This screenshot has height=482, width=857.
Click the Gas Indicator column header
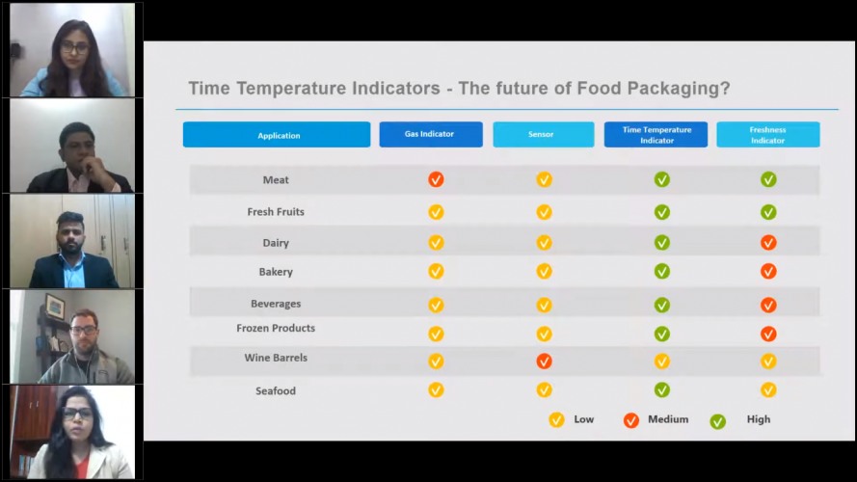[430, 134]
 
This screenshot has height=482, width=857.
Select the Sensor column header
[543, 134]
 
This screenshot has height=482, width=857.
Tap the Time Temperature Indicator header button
[656, 134]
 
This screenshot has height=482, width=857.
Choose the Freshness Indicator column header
[767, 134]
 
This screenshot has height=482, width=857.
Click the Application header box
[277, 135]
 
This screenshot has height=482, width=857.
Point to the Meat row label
[276, 180]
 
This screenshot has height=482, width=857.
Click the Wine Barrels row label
[276, 358]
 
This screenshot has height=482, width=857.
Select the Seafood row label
[276, 390]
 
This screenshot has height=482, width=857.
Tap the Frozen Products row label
[276, 328]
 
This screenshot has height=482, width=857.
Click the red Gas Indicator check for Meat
[436, 179]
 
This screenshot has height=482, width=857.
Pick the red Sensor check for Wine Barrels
[544, 361]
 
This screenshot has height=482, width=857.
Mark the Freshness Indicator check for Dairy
[768, 243]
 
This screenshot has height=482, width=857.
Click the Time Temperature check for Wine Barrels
[662, 361]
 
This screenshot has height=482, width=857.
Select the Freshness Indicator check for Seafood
[768, 389]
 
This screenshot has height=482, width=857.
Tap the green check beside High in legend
[717, 420]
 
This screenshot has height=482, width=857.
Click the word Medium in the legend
[669, 419]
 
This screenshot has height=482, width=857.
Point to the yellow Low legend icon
[556, 419]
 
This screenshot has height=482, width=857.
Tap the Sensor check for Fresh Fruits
[544, 212]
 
